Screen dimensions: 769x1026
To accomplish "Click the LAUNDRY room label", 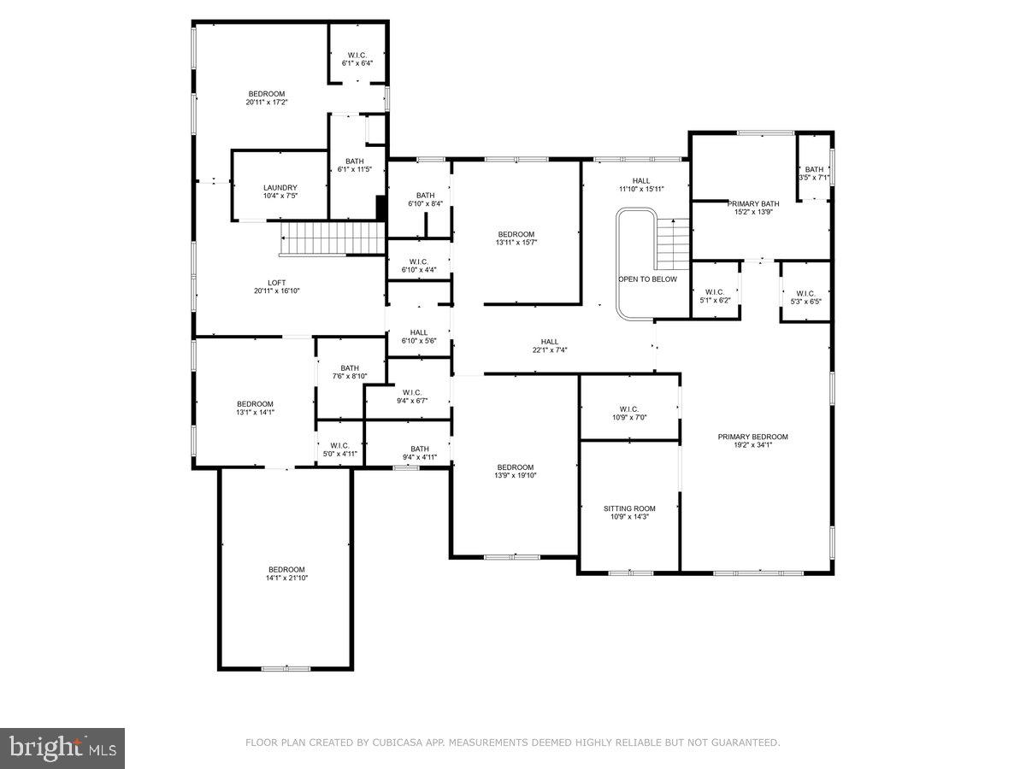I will coord(280,188).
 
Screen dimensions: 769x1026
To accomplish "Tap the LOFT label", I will coord(276,283).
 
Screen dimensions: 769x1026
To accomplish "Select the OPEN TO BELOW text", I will coord(647,279).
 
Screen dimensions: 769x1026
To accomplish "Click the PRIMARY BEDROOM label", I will coord(752,437).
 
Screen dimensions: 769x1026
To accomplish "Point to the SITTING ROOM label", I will coord(629,508).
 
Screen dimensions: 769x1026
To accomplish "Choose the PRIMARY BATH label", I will coord(753,203).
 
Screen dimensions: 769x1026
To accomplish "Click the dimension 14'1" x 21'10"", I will coord(286,578).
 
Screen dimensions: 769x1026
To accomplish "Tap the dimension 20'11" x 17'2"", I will coord(267,103).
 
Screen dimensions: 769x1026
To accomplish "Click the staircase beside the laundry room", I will coord(332,238).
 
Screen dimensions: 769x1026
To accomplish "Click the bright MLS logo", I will coord(62,748).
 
